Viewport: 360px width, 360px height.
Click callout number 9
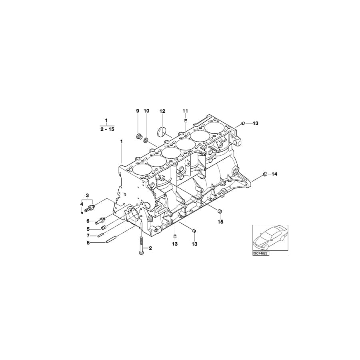(137, 110)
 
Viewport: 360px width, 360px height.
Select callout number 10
(146, 110)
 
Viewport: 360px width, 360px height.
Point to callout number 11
(185, 110)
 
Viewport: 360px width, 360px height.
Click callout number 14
(274, 174)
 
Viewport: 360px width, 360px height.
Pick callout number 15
(220, 222)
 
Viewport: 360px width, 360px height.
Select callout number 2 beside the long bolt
(150, 248)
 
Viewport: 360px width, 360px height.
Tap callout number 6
(88, 221)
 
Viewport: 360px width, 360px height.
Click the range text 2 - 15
(106, 129)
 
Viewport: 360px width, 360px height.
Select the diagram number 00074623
(260, 253)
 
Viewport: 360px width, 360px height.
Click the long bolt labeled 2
(141, 246)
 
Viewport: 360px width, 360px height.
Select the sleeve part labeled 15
(220, 211)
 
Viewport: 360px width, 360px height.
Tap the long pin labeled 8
(111, 241)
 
